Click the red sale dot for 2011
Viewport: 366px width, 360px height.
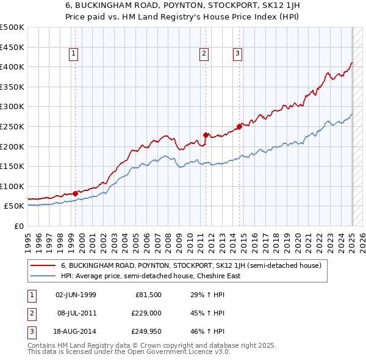pyautogui.click(x=206, y=135)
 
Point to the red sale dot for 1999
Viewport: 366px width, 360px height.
pyautogui.click(x=75, y=193)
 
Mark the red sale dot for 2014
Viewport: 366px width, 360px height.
pyautogui.click(x=240, y=126)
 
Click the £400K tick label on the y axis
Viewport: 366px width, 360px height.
pyautogui.click(x=12, y=67)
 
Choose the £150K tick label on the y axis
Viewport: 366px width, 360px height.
pyautogui.click(x=12, y=166)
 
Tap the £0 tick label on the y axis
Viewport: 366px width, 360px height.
pyautogui.click(x=18, y=226)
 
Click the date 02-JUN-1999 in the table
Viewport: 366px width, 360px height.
pyautogui.click(x=76, y=295)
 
